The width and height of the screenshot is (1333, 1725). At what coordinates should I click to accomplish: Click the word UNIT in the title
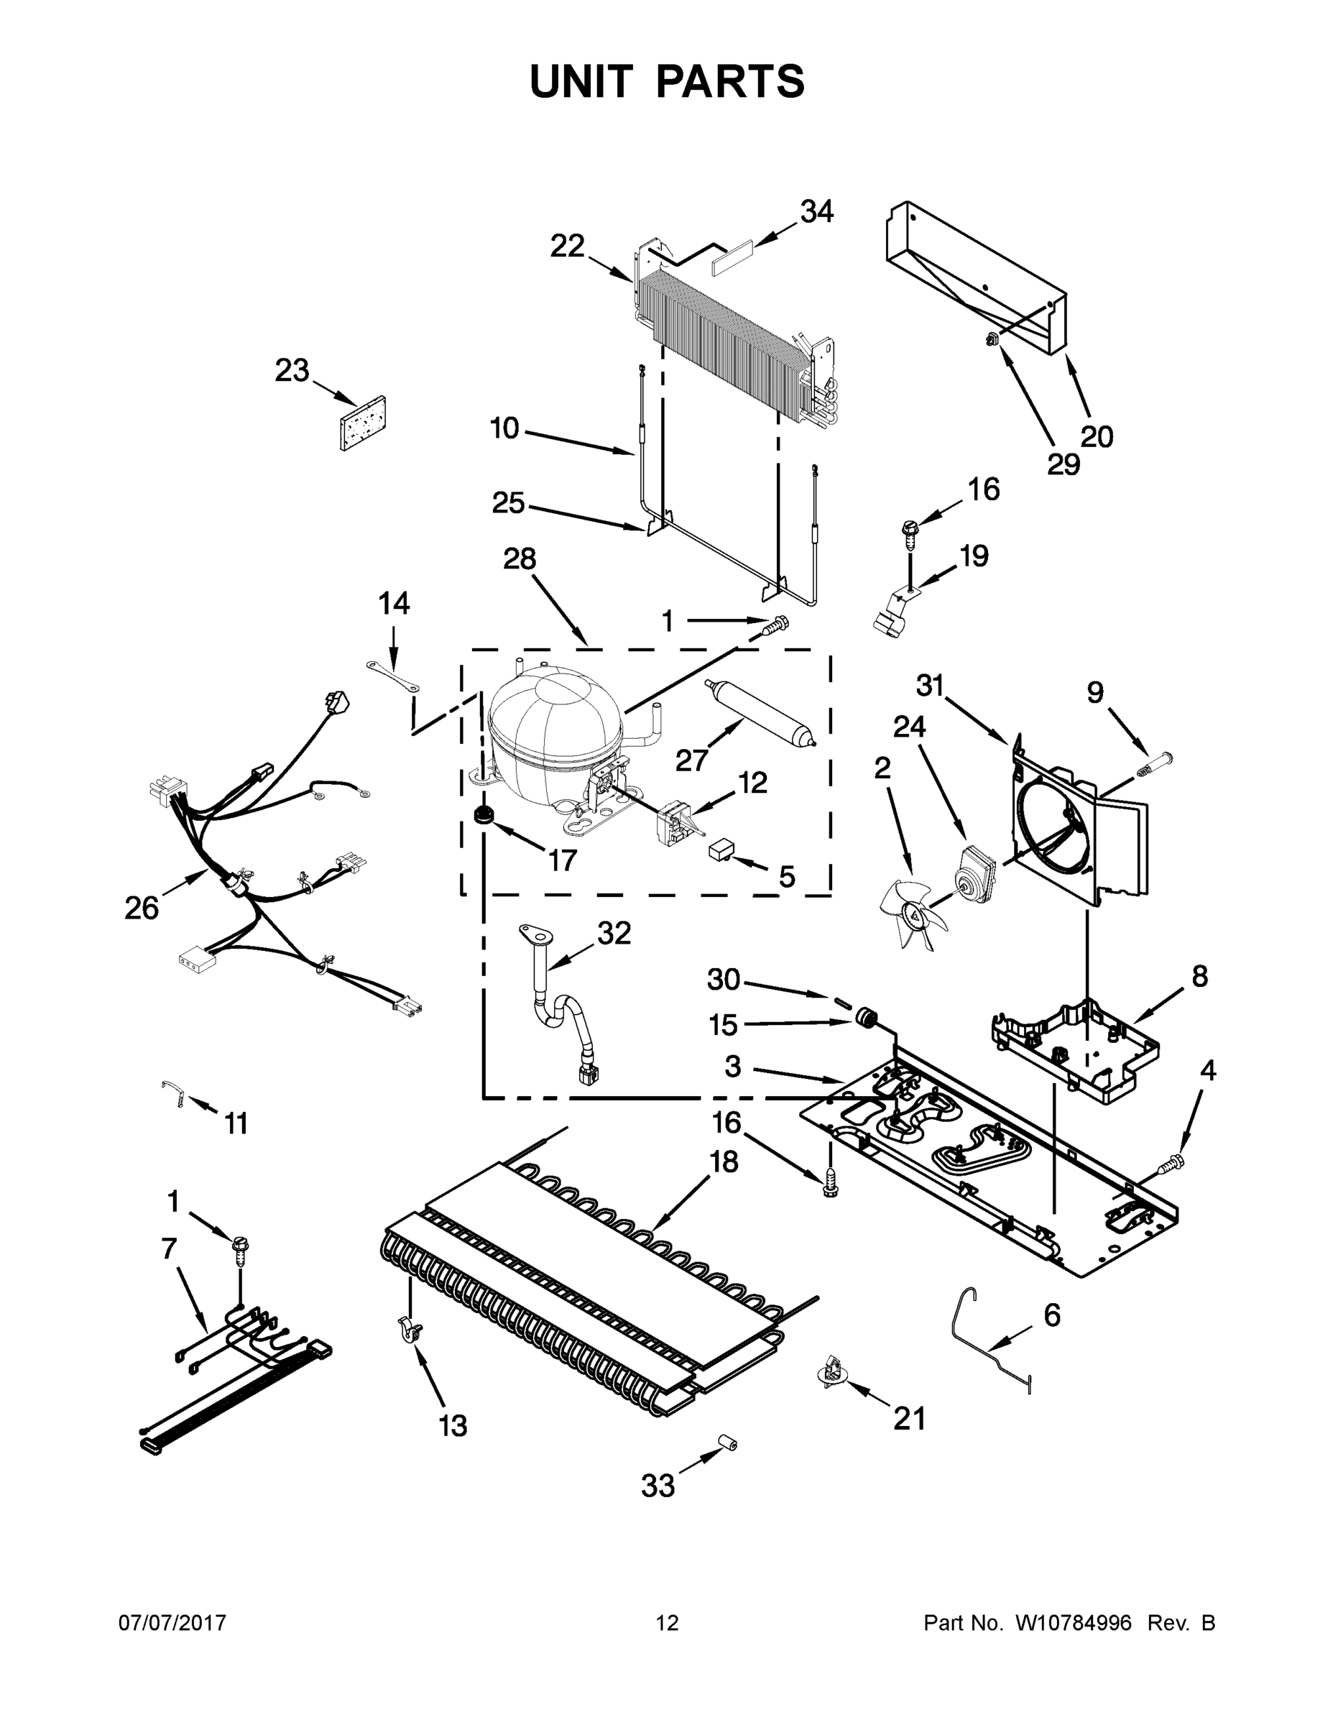pos(581,81)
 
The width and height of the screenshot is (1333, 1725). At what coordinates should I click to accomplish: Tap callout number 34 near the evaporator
pos(816,212)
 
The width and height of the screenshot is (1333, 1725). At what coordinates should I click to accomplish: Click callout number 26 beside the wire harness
pos(142,908)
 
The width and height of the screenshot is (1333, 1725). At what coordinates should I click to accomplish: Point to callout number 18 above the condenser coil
pos(723,1161)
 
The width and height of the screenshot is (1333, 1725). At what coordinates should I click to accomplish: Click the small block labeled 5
pos(721,850)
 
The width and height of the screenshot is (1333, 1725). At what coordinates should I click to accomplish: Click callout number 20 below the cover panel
pos(1096,436)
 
